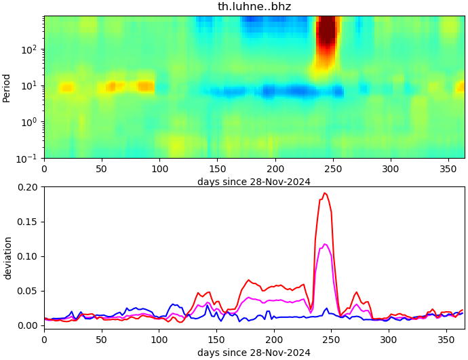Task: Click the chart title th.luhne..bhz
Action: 254,7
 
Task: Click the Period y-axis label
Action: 7,87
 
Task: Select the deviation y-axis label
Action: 7,258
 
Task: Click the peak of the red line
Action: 325,193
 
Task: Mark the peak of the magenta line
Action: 325,244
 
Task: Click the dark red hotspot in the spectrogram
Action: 327,34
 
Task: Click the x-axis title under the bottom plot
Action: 254,353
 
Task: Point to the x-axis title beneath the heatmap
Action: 254,182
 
